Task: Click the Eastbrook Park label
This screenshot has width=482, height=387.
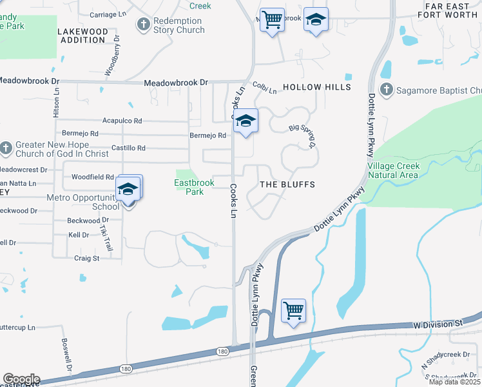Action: click(194, 187)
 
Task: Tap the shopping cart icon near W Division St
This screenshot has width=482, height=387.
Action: click(293, 311)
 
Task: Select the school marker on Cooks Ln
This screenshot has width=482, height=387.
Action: click(245, 121)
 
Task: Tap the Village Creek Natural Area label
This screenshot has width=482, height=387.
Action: click(393, 170)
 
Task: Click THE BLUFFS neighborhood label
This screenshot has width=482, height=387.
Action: click(287, 184)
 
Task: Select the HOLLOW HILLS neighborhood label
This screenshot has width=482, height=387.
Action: click(317, 87)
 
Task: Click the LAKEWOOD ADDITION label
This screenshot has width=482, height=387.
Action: click(82, 35)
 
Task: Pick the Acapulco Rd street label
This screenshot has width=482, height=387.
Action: click(122, 121)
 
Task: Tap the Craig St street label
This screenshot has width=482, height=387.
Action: click(87, 258)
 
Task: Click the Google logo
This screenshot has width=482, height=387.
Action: click(21, 379)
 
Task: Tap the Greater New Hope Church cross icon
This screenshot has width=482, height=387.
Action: click(6, 148)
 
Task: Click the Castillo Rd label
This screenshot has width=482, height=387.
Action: click(128, 148)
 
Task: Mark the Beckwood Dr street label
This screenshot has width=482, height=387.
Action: click(83, 221)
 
